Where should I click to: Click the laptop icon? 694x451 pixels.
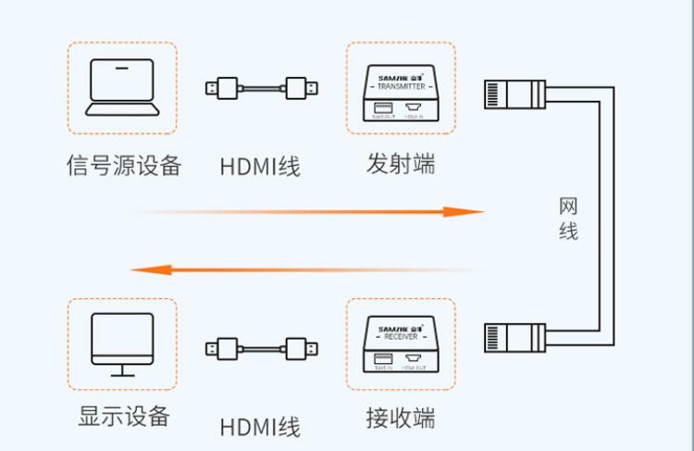121,88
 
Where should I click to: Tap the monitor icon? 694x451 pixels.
122,341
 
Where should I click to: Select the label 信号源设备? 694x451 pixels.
123,166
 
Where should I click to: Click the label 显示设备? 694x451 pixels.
123,416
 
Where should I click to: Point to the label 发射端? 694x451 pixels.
400,164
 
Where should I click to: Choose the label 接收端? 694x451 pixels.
400,419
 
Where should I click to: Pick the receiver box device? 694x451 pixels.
400,345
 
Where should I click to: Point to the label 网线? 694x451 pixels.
568,219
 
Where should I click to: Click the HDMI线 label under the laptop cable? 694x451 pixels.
260,168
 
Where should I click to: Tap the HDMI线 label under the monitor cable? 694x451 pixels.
260,427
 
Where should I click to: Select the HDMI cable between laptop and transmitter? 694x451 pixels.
262,89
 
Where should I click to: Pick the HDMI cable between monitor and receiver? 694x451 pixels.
262,349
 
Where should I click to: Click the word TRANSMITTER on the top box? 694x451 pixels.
400,85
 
